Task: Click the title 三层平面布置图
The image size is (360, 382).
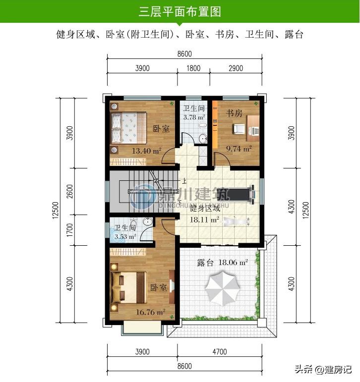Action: (180, 11)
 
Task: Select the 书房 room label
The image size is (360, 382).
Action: (234, 113)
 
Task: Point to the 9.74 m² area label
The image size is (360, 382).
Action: (239, 148)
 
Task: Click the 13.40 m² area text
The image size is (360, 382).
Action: (146, 151)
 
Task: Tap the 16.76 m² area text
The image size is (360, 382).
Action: (150, 312)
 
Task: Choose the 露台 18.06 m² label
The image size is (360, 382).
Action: (222, 263)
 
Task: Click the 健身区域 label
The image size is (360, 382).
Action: (205, 209)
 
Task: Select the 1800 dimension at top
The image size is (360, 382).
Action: (193, 68)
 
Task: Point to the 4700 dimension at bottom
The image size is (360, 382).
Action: (220, 352)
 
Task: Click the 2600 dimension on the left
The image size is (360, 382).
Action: (70, 191)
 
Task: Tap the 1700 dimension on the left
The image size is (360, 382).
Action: (70, 230)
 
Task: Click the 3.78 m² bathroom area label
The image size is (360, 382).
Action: (194, 117)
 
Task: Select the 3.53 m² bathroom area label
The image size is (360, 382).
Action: (125, 236)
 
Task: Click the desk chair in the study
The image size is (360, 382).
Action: (240, 129)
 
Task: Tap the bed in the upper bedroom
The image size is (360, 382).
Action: (128, 128)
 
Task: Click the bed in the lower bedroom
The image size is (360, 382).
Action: (129, 287)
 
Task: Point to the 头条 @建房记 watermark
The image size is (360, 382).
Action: (323, 369)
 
